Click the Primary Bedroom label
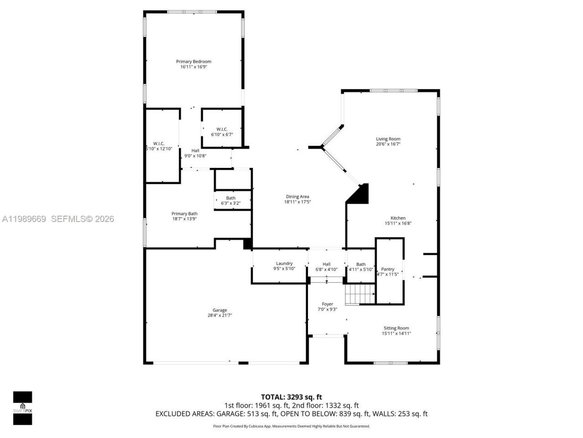[194, 62]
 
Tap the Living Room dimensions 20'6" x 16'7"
[388, 144]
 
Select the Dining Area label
[297, 197]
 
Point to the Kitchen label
[398, 218]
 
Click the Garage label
[220, 310]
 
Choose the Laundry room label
[284, 263]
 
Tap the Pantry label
[388, 269]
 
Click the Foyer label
[327, 304]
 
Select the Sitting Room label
[396, 328]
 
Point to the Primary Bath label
[184, 214]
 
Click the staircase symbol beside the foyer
[359, 294]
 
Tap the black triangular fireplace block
[359, 194]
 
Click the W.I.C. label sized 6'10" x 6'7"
[222, 129]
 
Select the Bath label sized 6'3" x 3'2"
[230, 198]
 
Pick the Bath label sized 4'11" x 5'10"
[361, 264]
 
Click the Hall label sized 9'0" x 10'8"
[195, 151]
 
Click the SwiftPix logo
[22, 408]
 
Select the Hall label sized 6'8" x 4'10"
[327, 264]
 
